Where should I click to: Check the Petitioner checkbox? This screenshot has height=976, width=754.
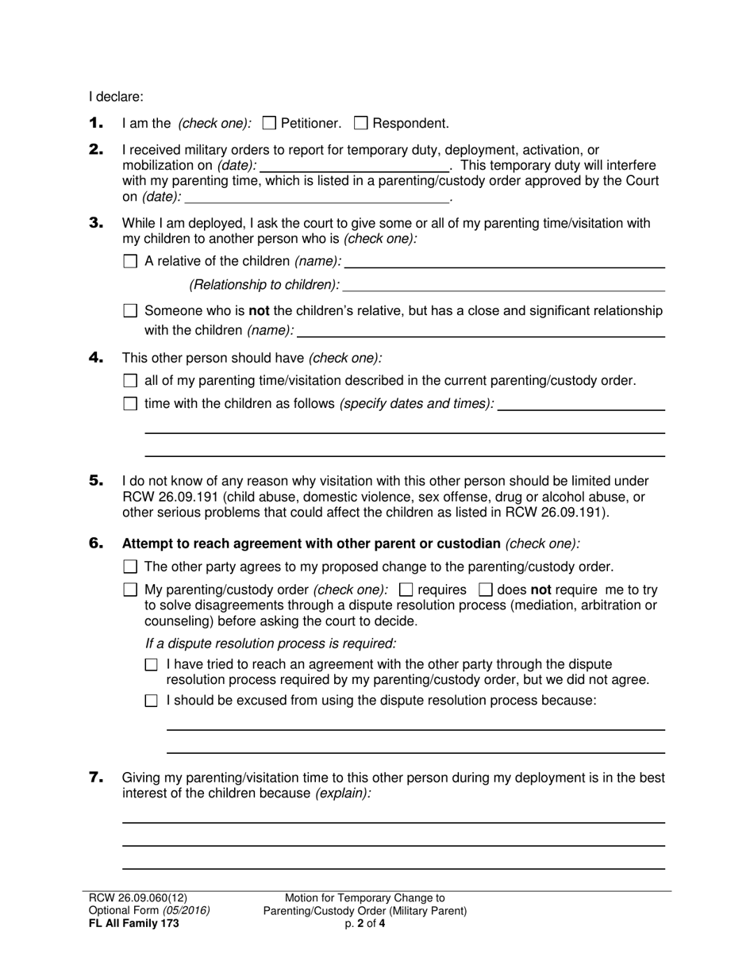(x=269, y=123)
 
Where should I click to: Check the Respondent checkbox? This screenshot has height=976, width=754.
(x=360, y=123)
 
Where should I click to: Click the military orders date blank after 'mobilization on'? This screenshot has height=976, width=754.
(x=354, y=166)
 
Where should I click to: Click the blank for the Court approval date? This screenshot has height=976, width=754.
(x=316, y=197)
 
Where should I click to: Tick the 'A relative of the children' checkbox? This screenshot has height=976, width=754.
(x=131, y=261)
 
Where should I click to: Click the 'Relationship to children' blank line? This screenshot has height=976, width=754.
(x=504, y=285)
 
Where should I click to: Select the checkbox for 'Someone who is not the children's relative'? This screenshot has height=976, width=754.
(x=131, y=311)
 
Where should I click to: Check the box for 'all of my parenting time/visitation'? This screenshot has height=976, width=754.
(x=131, y=381)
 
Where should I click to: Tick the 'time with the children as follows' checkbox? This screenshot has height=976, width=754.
(x=131, y=404)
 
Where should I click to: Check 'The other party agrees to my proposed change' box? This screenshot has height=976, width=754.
(x=131, y=567)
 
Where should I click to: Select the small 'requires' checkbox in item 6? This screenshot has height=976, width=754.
(x=406, y=590)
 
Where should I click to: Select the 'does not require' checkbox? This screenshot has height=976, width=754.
(x=486, y=590)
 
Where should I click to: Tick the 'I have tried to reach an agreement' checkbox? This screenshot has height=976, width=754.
(x=152, y=665)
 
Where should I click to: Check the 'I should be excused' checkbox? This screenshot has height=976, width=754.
(x=152, y=701)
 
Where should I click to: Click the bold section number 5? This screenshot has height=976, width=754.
(x=96, y=481)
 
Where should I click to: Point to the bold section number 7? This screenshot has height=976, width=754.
(x=96, y=778)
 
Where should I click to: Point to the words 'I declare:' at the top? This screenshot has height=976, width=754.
(x=116, y=97)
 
